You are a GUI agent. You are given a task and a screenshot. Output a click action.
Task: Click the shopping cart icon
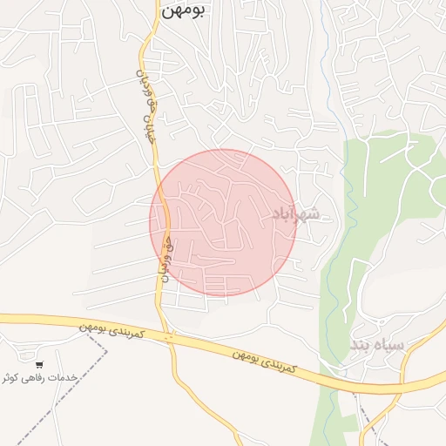pos(40,364)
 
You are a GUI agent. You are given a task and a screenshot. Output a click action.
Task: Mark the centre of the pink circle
pos(224,222)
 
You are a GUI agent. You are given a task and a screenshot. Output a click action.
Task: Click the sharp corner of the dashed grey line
pos(108,350)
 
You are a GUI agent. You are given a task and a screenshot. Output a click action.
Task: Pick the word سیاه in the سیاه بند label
pos(391,346)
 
